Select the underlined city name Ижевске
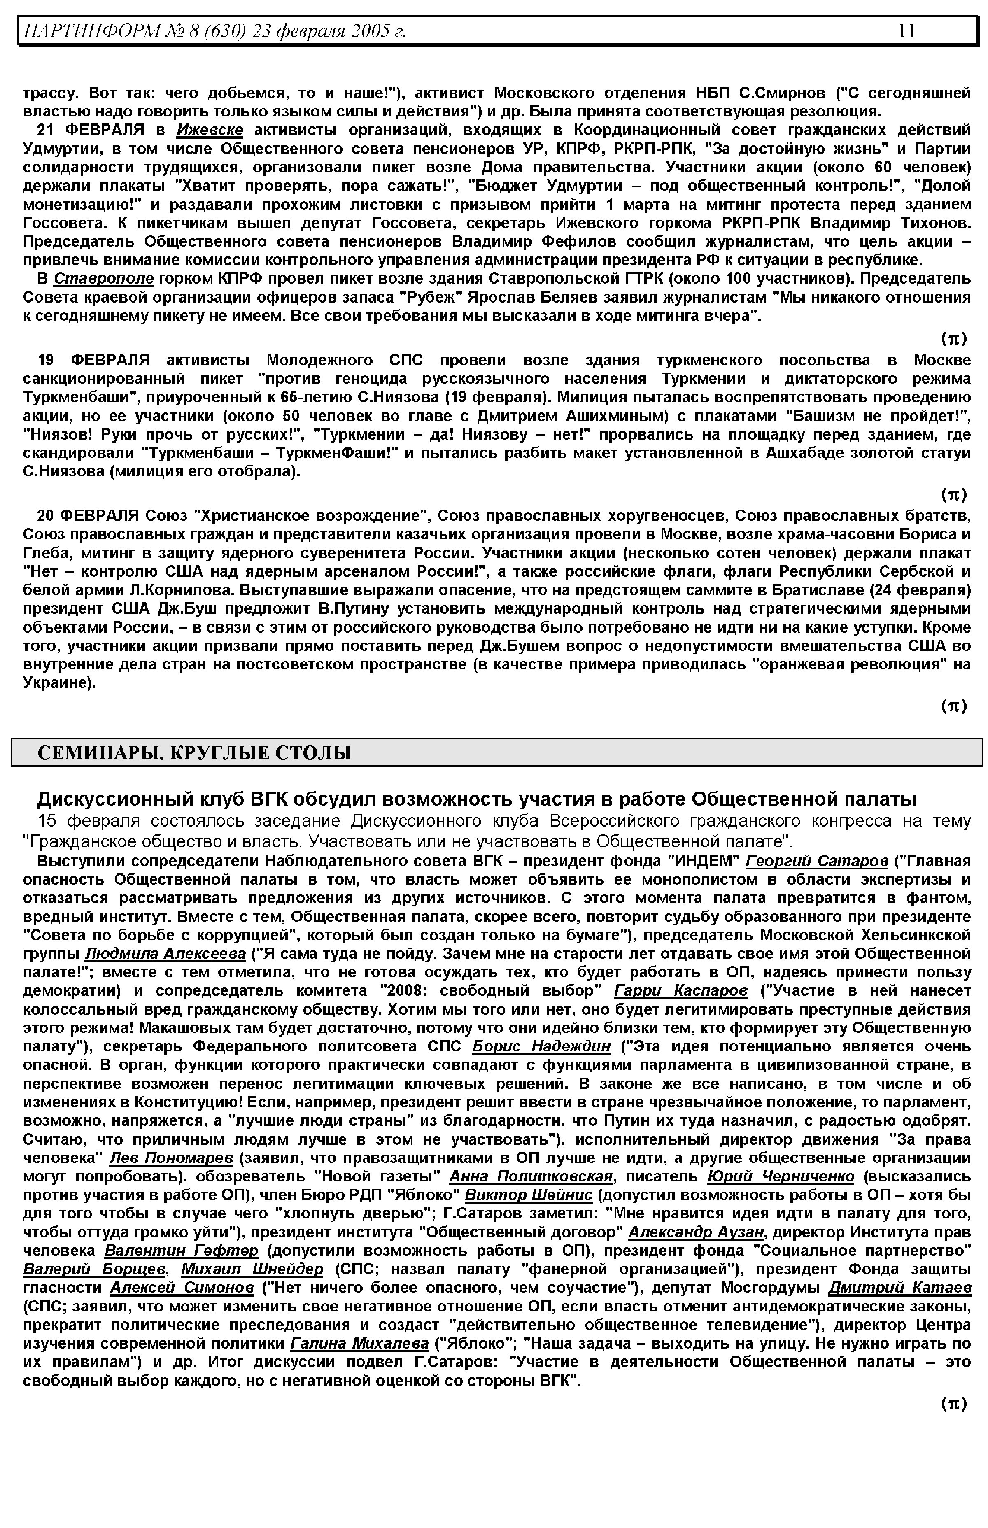tap(210, 130)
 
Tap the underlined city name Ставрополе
tap(103, 279)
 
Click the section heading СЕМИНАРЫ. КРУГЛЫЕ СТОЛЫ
tap(194, 752)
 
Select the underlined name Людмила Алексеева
tap(165, 953)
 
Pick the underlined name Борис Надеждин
tap(541, 1046)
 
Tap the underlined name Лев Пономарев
tap(171, 1158)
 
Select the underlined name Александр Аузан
tap(696, 1232)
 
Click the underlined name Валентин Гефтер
tap(182, 1251)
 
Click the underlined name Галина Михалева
tap(360, 1344)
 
